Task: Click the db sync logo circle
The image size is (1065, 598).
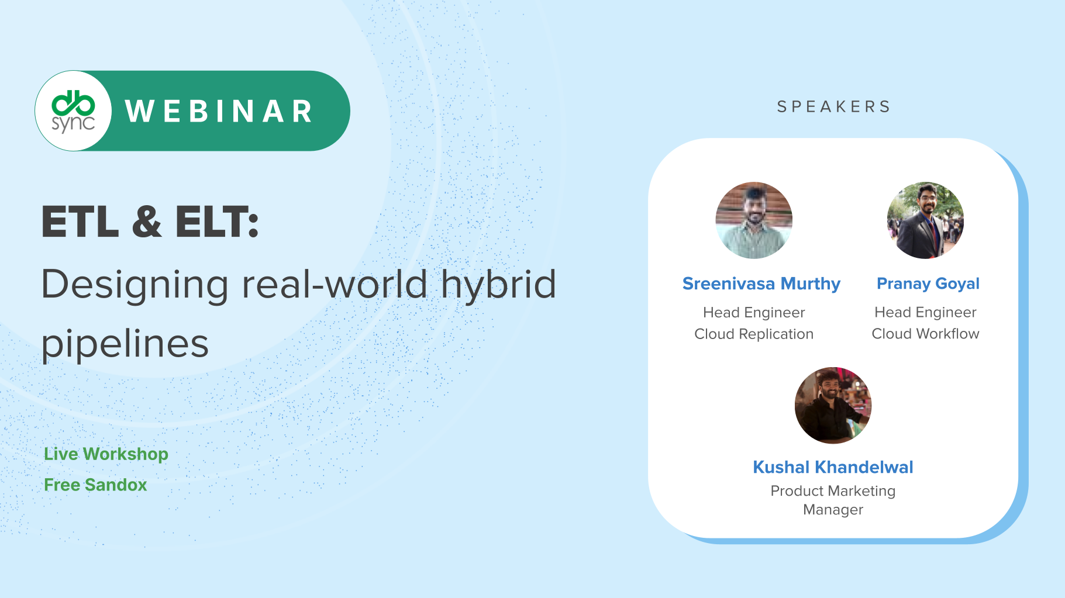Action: pyautogui.click(x=73, y=110)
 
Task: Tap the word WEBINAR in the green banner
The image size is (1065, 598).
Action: pyautogui.click(x=219, y=111)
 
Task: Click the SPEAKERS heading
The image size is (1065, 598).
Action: pyautogui.click(x=833, y=106)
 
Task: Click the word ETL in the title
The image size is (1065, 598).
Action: pyautogui.click(x=80, y=222)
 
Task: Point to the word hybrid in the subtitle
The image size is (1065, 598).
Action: pyautogui.click(x=498, y=285)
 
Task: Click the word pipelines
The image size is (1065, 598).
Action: pyautogui.click(x=125, y=344)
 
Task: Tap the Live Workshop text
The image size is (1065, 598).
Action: pyautogui.click(x=106, y=454)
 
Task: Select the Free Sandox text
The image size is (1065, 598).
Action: pyautogui.click(x=95, y=485)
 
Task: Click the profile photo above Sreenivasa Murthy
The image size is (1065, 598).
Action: pyautogui.click(x=754, y=220)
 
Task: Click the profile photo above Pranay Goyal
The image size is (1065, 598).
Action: pyautogui.click(x=925, y=220)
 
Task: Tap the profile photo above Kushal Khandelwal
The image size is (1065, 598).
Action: pyautogui.click(x=833, y=405)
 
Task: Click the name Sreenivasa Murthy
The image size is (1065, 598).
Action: pyautogui.click(x=761, y=284)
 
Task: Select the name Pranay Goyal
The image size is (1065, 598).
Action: pyautogui.click(x=928, y=284)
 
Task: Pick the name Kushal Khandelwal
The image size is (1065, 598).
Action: pyautogui.click(x=833, y=467)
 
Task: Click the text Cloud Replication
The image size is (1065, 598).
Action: pyautogui.click(x=754, y=334)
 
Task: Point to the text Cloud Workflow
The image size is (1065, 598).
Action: pyautogui.click(x=925, y=334)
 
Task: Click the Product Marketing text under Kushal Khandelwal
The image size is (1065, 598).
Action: pyautogui.click(x=833, y=491)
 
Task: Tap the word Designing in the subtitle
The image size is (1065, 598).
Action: pyautogui.click(x=135, y=285)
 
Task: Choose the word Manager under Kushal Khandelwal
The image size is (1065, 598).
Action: pyautogui.click(x=833, y=510)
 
